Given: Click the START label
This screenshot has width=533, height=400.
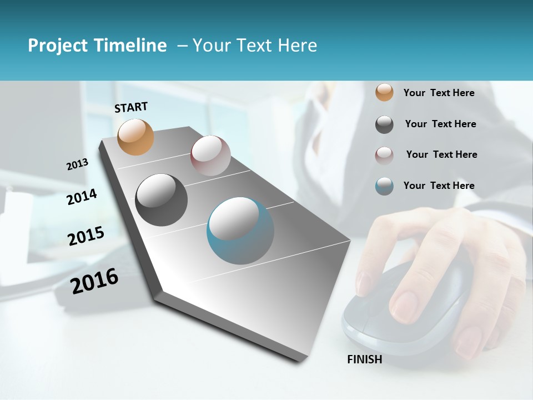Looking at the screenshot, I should point(131,107).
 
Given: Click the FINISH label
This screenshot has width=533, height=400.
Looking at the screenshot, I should point(365,359).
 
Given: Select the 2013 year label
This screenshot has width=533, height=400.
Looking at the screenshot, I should point(78,164).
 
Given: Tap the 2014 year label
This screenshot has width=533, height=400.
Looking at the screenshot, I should point(82,197).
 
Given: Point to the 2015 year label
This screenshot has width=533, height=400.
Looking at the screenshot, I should point(86,236).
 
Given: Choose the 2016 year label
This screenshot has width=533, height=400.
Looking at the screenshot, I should point(94,281).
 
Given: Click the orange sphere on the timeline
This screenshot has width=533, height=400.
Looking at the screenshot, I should point(136,137).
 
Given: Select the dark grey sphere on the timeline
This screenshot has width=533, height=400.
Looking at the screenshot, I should point(161,200).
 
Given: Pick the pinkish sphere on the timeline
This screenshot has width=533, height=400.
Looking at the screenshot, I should point(210,156).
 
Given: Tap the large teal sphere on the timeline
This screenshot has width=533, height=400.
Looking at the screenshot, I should point(240,231).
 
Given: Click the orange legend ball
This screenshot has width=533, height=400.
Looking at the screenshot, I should point(384,93).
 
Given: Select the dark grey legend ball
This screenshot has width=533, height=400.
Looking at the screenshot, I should point(384,124).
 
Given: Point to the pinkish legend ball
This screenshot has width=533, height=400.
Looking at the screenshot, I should point(384,155).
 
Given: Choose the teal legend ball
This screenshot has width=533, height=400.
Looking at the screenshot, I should point(384,186).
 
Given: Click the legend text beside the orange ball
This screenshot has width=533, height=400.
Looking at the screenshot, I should point(439,93).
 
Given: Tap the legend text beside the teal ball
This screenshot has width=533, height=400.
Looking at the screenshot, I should point(439,186).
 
